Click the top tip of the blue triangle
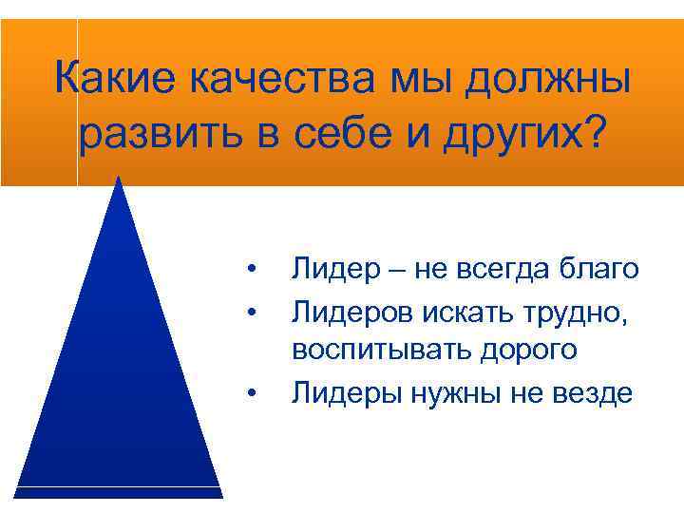click(x=119, y=179)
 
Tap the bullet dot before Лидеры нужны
click(x=251, y=391)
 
